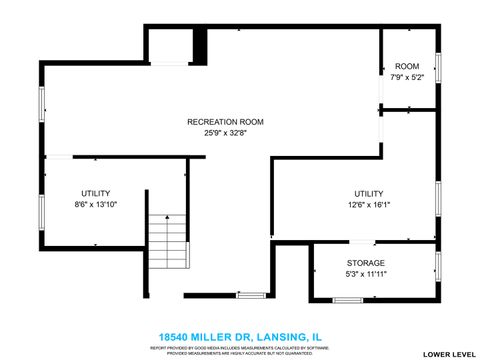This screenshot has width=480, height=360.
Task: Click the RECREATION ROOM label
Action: [225, 122]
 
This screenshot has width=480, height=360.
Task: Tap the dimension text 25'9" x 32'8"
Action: [225, 133]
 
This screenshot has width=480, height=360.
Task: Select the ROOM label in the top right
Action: [406, 66]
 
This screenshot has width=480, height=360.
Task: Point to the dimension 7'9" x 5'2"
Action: [406, 77]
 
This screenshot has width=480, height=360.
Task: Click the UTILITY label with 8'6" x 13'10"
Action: [96, 193]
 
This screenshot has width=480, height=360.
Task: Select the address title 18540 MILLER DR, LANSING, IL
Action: [239, 337]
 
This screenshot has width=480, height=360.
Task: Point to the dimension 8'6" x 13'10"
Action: [96, 204]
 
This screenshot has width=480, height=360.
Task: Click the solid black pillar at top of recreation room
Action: [200, 45]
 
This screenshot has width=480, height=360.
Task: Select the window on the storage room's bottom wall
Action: [347, 299]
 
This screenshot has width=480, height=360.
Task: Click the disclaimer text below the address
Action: [239, 350]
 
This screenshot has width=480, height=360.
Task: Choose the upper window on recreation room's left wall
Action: [41, 103]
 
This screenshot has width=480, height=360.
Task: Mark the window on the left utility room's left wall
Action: [41, 210]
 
